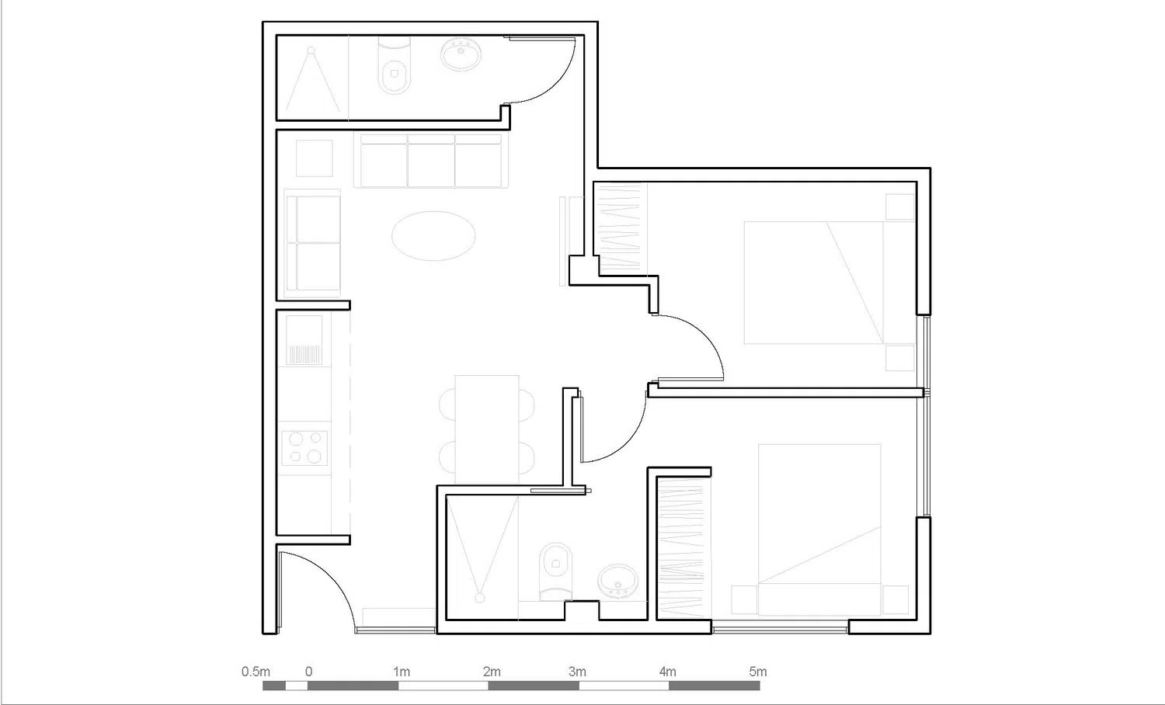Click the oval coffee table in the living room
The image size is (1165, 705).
(433, 235)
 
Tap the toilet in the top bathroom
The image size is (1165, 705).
(393, 68)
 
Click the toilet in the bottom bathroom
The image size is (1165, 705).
(555, 570)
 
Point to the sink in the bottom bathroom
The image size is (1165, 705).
(618, 580)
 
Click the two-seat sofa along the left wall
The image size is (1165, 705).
(313, 243)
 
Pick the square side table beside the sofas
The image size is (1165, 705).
(315, 158)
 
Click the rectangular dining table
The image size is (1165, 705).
(487, 429)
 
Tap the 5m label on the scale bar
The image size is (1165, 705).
(757, 672)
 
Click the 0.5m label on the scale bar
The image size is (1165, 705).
(256, 672)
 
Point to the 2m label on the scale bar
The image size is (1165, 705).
(492, 672)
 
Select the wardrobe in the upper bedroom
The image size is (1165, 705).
(621, 226)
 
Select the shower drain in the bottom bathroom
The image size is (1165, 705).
(480, 597)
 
